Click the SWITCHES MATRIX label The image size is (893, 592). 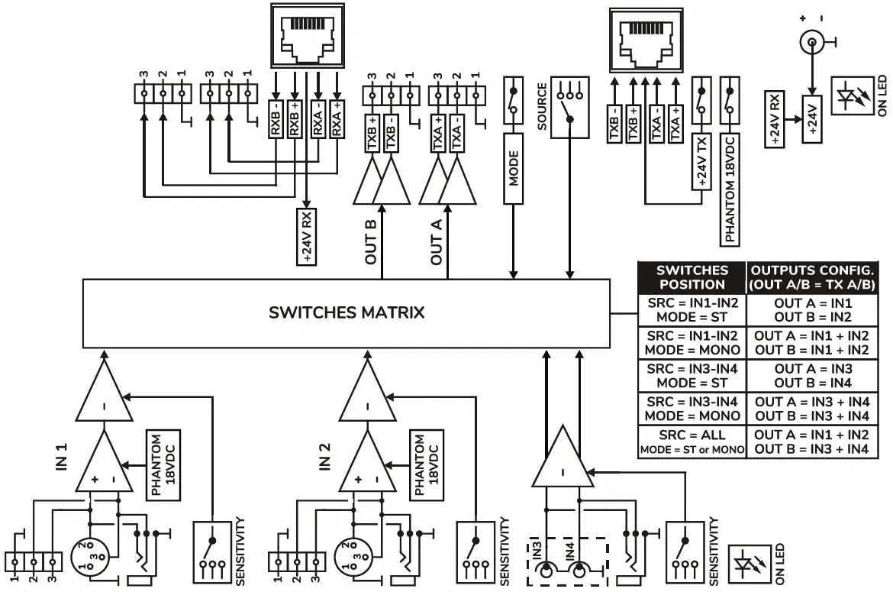[x=347, y=312]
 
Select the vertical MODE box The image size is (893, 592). [x=514, y=167]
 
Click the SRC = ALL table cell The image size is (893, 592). [x=691, y=442]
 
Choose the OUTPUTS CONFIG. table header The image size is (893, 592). [x=812, y=277]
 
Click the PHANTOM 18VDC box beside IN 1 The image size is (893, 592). [x=156, y=465]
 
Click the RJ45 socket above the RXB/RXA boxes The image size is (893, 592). [x=307, y=35]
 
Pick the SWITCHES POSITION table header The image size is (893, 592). [x=692, y=277]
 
